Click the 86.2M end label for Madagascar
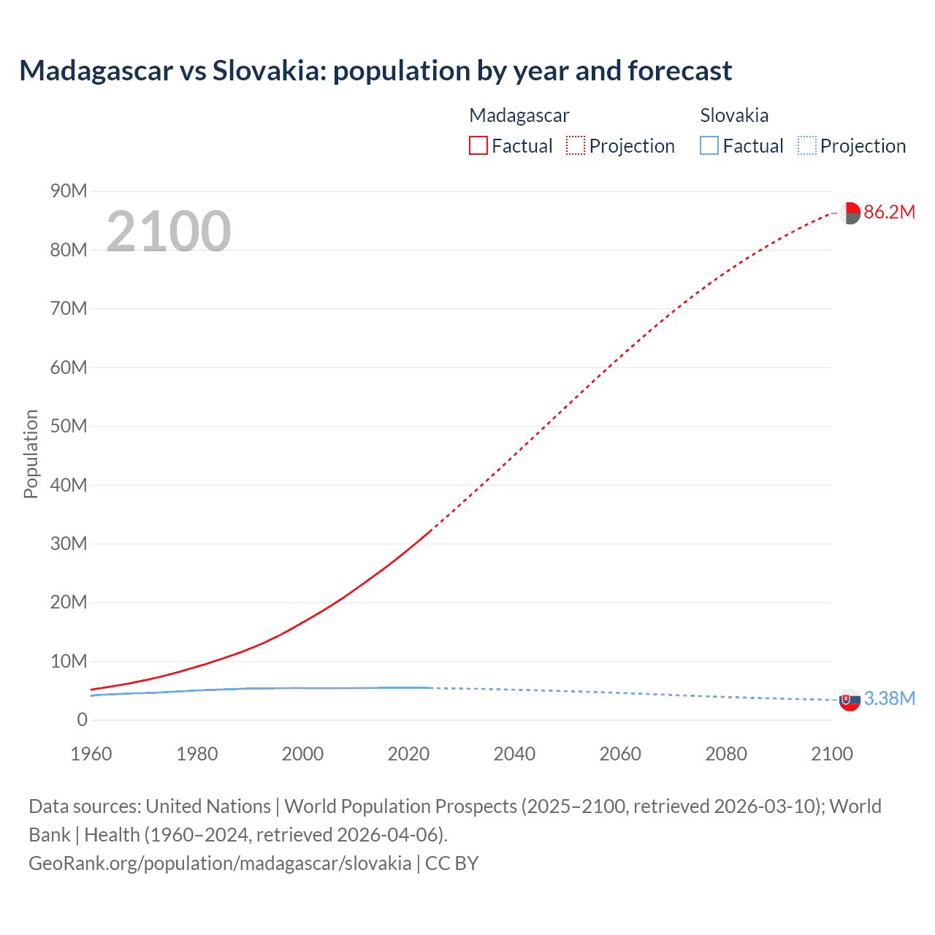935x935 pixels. click(889, 213)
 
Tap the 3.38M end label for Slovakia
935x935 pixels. click(889, 699)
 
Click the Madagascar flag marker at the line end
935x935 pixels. click(850, 213)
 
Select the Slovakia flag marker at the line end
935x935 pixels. click(850, 700)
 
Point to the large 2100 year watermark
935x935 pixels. click(169, 232)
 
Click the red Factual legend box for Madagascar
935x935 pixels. click(478, 146)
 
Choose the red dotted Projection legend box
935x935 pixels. click(576, 146)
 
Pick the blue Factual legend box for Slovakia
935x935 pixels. click(709, 146)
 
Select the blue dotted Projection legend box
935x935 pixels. click(807, 146)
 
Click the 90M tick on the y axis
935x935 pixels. click(69, 191)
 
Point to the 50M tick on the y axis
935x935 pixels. click(69, 427)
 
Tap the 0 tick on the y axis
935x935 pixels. click(82, 720)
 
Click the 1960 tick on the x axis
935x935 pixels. click(91, 754)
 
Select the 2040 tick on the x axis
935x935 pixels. click(514, 754)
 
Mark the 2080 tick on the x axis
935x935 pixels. click(726, 754)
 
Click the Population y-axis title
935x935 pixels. click(31, 454)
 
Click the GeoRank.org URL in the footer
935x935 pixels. click(220, 863)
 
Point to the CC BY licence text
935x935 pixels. click(451, 863)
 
